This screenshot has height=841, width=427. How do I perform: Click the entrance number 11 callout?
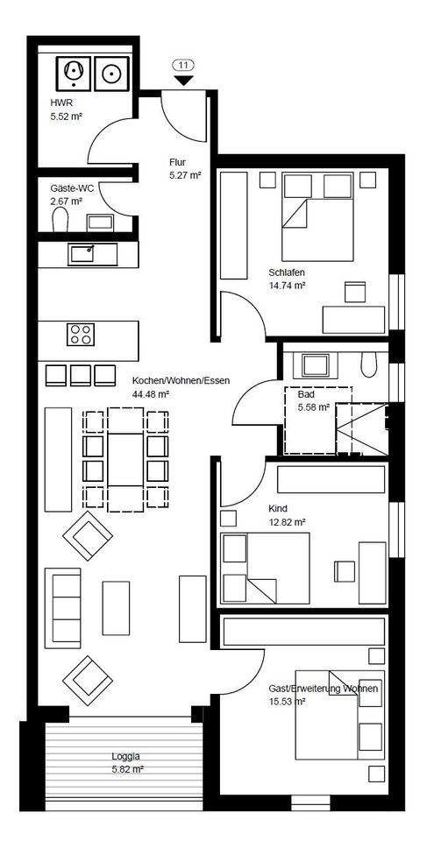[x=184, y=66]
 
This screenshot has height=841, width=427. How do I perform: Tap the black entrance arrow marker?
[x=184, y=80]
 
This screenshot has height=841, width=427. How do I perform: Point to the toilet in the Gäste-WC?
[x=60, y=220]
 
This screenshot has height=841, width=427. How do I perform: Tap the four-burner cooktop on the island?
[x=81, y=334]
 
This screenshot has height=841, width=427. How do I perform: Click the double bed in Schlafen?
[x=318, y=216]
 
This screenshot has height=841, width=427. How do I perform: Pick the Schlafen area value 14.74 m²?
[x=287, y=286]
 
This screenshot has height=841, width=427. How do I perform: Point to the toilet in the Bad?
[x=369, y=364]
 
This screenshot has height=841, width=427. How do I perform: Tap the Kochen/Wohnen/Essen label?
[x=181, y=381]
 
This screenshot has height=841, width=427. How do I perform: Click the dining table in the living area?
[x=125, y=460]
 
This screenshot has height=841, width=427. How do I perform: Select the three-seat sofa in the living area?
[x=63, y=605]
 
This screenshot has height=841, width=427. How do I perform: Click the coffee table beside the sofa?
[x=116, y=608]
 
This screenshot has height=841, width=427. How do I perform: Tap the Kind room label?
[x=278, y=508]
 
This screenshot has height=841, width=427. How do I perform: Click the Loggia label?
[x=125, y=757]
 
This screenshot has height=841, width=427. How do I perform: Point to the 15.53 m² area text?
[x=288, y=701]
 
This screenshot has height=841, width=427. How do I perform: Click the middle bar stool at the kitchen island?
[x=81, y=375]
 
